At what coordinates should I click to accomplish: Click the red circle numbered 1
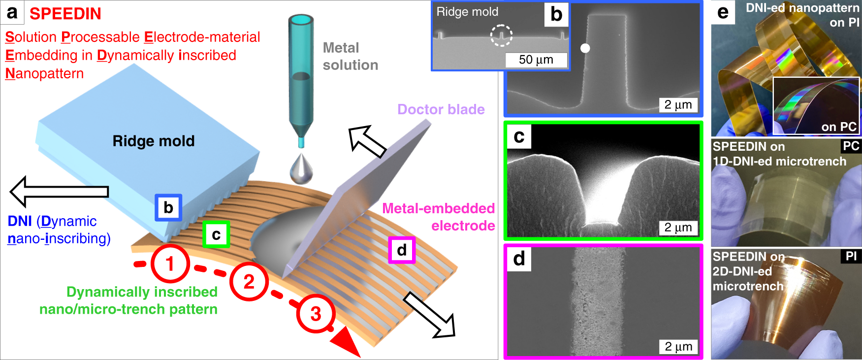pyautogui.click(x=170, y=263)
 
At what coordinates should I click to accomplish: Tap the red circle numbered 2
pyautogui.click(x=249, y=282)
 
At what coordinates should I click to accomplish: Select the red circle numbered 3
pyautogui.click(x=316, y=313)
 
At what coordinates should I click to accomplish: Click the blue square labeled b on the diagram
pyautogui.click(x=168, y=207)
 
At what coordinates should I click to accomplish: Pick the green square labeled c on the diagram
pyautogui.click(x=216, y=234)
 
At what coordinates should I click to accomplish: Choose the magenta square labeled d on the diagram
pyautogui.click(x=402, y=250)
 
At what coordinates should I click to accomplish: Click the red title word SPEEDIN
pyautogui.click(x=65, y=14)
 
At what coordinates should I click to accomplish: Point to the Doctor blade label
pyautogui.click(x=441, y=109)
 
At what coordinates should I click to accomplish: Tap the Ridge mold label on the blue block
pyautogui.click(x=154, y=141)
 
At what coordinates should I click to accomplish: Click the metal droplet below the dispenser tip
pyautogui.click(x=301, y=168)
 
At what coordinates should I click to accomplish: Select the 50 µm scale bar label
pyautogui.click(x=536, y=60)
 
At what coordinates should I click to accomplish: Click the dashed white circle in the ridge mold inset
pyautogui.click(x=501, y=35)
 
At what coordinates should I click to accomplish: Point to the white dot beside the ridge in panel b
pyautogui.click(x=585, y=48)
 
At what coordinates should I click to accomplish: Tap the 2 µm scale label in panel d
pyautogui.click(x=678, y=346)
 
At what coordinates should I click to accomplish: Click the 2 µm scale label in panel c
pyautogui.click(x=678, y=228)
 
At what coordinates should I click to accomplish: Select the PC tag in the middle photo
pyautogui.click(x=851, y=146)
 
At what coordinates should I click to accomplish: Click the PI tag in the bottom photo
pyautogui.click(x=851, y=256)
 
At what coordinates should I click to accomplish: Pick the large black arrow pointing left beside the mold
pyautogui.click(x=59, y=192)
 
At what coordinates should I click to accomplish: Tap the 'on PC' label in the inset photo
pyautogui.click(x=839, y=127)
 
